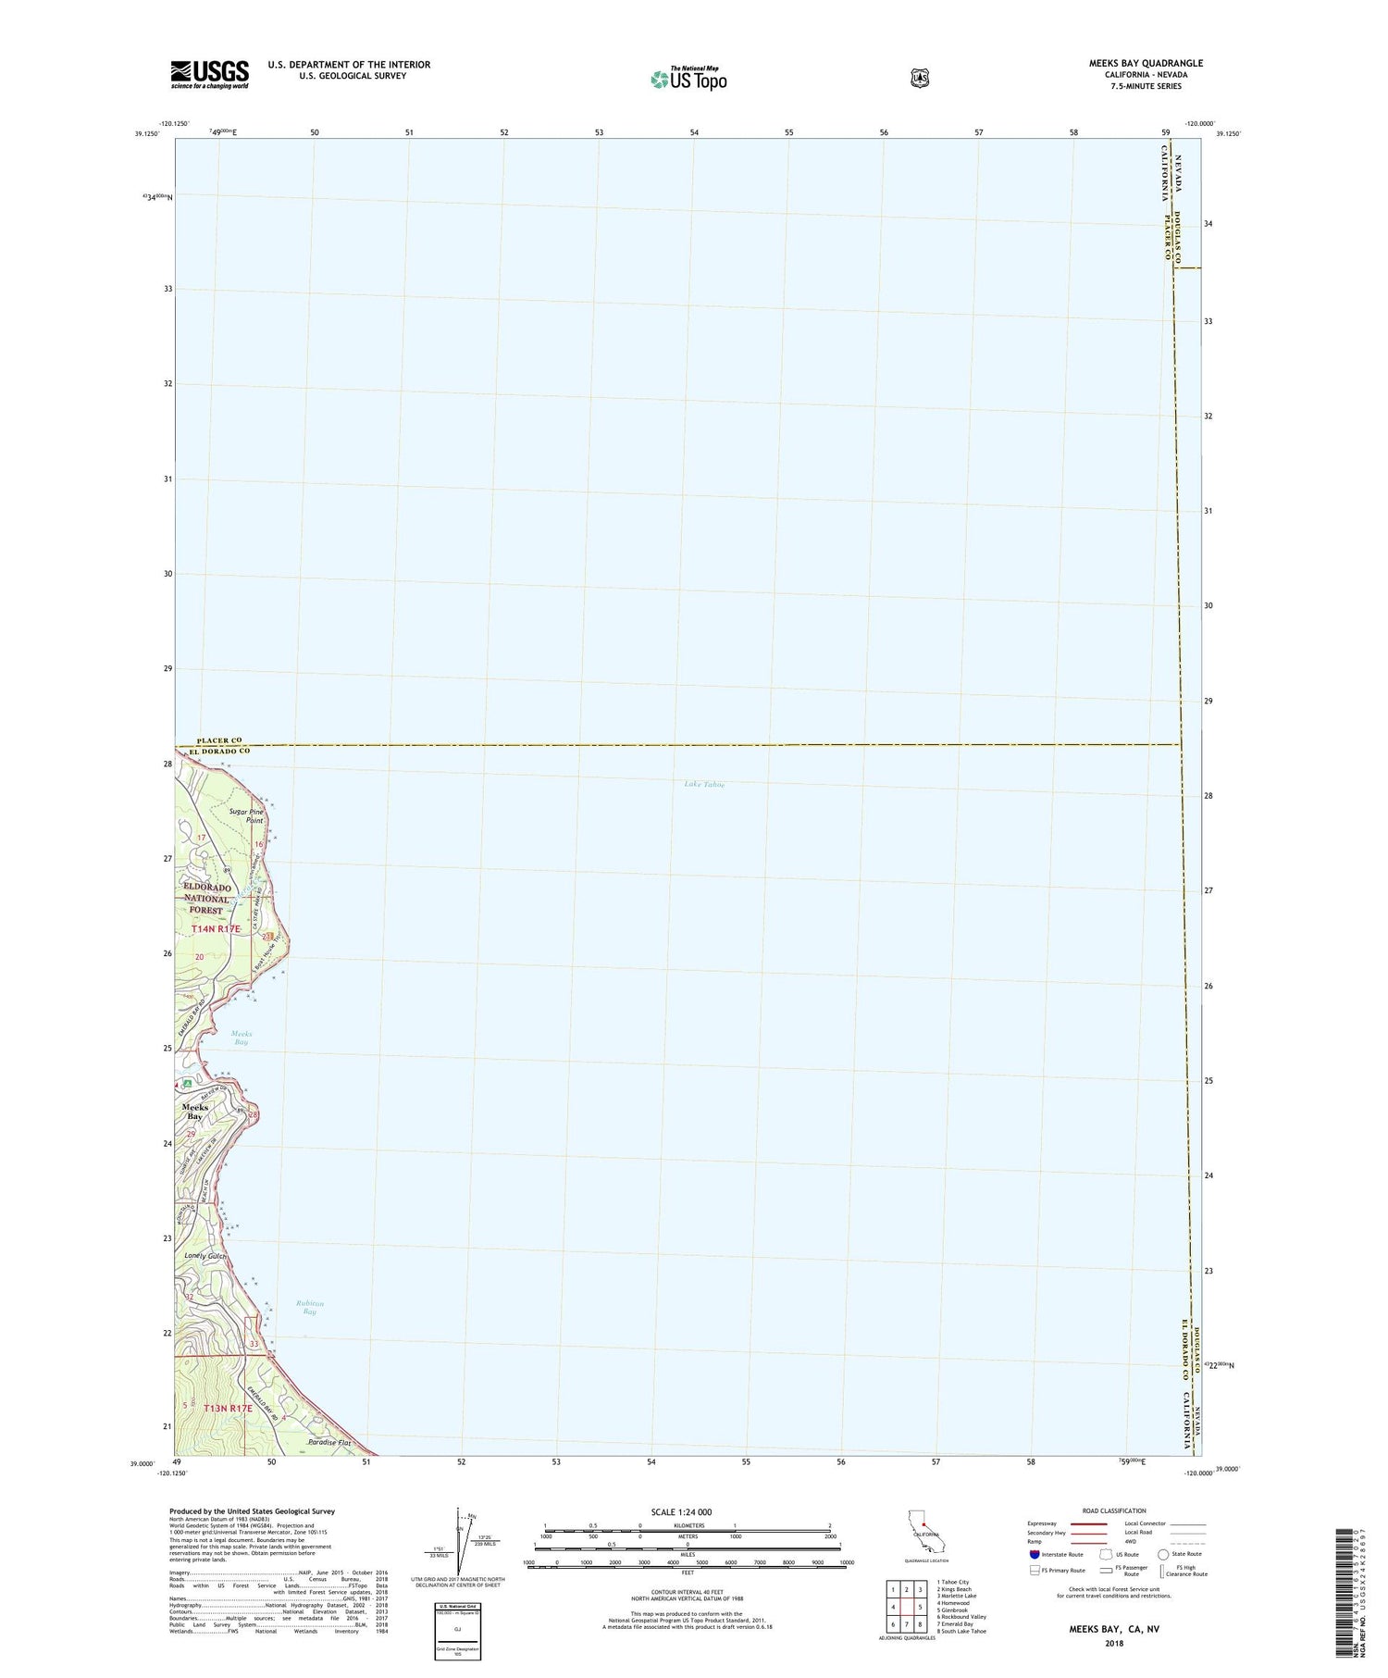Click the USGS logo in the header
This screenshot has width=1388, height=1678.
pos(209,74)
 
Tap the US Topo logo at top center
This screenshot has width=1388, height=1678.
pos(688,79)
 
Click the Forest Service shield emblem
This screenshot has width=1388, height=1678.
pos(919,78)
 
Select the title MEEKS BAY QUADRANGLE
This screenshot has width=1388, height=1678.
pos(1146,64)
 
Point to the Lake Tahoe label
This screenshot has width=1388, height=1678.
pos(704,784)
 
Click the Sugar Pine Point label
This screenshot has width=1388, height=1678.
pos(246,816)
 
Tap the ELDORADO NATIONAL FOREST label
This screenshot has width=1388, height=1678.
pos(206,899)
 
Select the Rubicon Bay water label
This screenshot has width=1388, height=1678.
pos(309,1307)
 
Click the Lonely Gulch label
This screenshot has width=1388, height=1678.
pos(204,1256)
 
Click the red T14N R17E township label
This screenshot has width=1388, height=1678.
pos(216,928)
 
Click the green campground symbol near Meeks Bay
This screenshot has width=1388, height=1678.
pos(188,1083)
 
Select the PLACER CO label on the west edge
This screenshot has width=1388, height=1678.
pos(219,740)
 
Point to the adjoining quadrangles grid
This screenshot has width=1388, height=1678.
pos(906,1609)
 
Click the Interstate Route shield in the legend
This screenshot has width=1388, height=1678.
pos(1034,1554)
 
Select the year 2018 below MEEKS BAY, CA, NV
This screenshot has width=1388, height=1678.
pos(1113,1643)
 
